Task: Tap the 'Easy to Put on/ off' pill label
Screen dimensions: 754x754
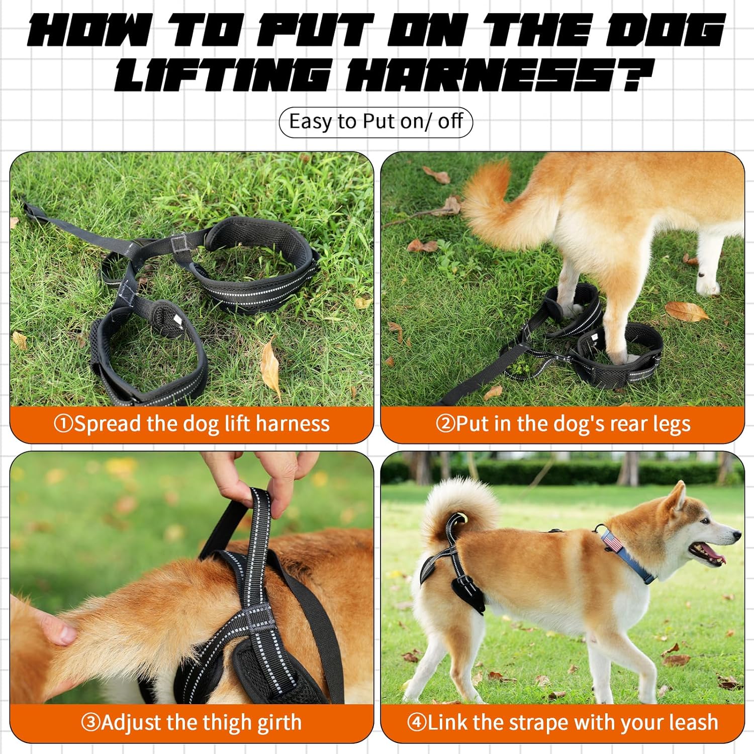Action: coord(376,122)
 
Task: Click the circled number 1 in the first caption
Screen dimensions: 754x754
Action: coord(63,424)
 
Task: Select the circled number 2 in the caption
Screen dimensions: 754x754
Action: coord(445,424)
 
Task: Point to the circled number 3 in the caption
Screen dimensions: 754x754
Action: coord(90,723)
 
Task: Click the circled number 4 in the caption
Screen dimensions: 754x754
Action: coord(417,723)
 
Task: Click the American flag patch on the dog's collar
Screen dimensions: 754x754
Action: coord(611,542)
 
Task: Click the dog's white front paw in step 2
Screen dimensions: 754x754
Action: coord(708,287)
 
